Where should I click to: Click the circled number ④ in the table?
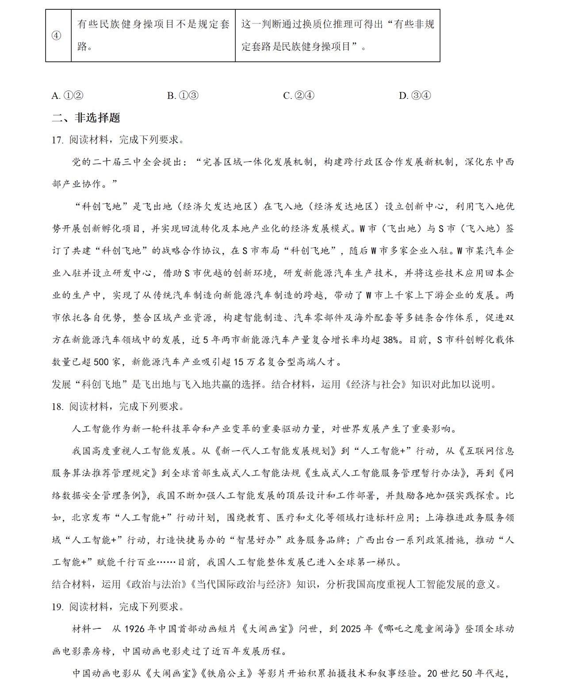click(57, 36)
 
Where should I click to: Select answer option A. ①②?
click(67, 95)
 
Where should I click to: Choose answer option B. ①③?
click(183, 95)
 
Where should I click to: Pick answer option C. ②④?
click(298, 95)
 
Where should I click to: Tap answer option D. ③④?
click(414, 95)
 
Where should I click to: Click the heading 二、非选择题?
click(86, 118)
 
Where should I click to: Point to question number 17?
click(57, 140)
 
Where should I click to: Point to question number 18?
click(57, 407)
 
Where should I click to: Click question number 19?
click(57, 607)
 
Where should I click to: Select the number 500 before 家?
click(101, 362)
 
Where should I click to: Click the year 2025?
click(352, 629)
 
